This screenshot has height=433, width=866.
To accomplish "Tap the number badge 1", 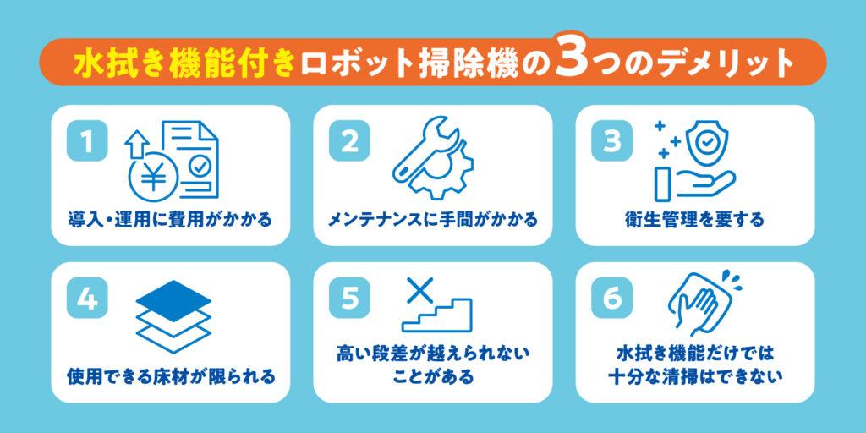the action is point(87,141).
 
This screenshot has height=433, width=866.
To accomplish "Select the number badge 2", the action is point(349,141).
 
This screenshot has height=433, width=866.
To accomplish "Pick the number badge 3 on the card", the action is point(611,141).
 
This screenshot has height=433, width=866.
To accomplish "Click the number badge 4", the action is point(87,299).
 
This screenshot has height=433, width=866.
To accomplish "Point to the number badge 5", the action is point(349,299).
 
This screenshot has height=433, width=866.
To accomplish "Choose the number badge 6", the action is point(611,299).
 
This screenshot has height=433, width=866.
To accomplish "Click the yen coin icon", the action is point(154,176).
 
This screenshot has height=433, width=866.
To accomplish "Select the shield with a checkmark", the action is point(705,142).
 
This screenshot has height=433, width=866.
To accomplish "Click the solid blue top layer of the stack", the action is point(173,300).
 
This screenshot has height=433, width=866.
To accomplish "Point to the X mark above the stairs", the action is point(419,290).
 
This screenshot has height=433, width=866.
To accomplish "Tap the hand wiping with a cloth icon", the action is point(701,301).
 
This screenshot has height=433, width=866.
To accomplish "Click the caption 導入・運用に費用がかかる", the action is point(170,220).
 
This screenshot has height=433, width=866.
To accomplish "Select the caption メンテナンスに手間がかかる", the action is point(432,220).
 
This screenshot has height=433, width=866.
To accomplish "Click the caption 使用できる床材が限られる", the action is point(171,376).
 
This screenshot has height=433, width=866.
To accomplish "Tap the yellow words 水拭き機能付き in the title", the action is point(185,63).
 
